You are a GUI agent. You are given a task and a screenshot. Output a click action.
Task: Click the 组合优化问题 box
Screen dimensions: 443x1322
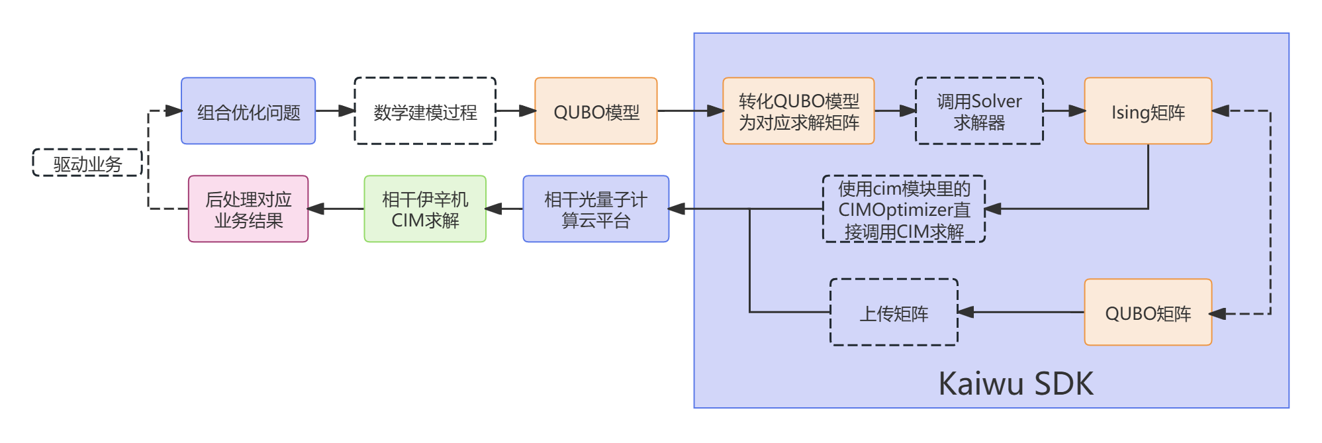(x=248, y=111)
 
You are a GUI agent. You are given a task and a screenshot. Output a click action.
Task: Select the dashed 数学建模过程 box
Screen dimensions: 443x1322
(x=425, y=111)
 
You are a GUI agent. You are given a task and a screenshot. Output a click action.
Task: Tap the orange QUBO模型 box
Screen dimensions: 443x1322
(x=596, y=111)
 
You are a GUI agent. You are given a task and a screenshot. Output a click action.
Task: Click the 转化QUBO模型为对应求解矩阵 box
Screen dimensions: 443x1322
(x=798, y=111)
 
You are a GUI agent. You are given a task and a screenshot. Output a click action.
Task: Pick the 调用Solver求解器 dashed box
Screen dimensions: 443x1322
(x=979, y=111)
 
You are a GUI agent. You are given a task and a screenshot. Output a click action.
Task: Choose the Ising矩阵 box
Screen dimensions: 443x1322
(x=1148, y=111)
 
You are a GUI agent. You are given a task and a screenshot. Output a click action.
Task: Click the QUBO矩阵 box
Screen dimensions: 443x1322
(x=1148, y=312)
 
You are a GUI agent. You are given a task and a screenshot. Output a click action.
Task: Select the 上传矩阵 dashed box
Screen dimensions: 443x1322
(x=894, y=312)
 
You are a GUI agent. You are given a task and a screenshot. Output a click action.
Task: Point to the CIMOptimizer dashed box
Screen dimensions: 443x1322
(x=904, y=209)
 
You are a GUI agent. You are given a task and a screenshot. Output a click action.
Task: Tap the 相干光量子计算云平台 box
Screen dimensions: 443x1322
(x=596, y=209)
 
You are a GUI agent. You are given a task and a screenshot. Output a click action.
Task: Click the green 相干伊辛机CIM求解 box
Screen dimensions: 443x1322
(x=425, y=209)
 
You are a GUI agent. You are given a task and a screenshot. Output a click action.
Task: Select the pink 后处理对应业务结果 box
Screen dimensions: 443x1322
(x=248, y=209)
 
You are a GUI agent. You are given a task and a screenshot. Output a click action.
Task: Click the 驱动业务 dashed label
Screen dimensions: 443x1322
(x=87, y=163)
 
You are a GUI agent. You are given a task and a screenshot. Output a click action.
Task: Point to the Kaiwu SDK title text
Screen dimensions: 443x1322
(x=1015, y=383)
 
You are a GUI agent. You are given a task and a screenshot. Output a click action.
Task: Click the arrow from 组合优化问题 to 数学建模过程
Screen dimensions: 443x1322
(x=335, y=111)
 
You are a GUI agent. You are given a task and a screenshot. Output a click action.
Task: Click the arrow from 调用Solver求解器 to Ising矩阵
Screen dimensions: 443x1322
(x=1064, y=111)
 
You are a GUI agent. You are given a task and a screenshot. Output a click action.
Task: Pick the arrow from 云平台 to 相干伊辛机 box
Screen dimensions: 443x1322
(x=504, y=209)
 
